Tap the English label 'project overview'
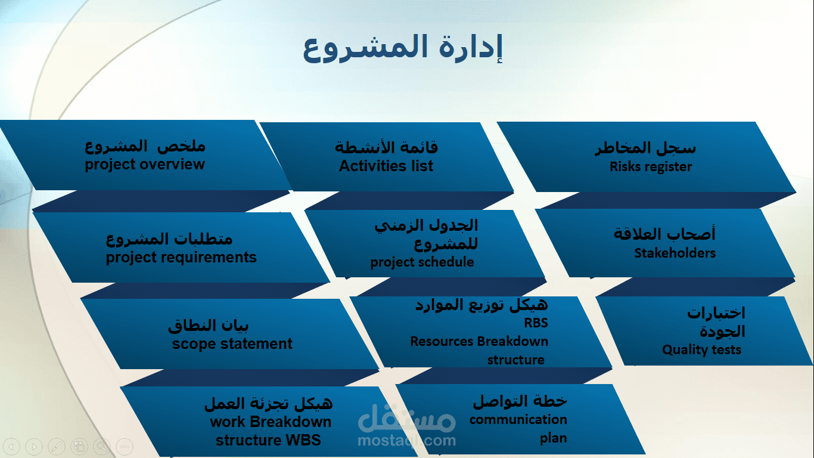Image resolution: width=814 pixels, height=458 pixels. pyautogui.click(x=145, y=165)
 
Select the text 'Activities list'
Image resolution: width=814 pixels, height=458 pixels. pyautogui.click(x=386, y=166)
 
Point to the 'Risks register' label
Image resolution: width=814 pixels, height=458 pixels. pyautogui.click(x=651, y=167)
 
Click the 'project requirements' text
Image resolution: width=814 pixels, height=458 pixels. pyautogui.click(x=181, y=258)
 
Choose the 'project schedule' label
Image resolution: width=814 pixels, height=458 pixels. pyautogui.click(x=422, y=262)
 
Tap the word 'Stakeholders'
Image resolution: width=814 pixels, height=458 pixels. pyautogui.click(x=675, y=253)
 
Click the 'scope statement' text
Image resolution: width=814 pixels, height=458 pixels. pyautogui.click(x=232, y=344)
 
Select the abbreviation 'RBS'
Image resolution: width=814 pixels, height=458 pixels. pyautogui.click(x=536, y=323)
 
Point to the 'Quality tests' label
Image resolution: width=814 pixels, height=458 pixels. pyautogui.click(x=701, y=350)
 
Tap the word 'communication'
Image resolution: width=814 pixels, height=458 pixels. pyautogui.click(x=518, y=419)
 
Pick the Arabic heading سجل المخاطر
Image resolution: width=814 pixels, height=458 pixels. pyautogui.click(x=645, y=148)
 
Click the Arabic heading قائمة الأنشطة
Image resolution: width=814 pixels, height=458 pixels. pyautogui.click(x=386, y=147)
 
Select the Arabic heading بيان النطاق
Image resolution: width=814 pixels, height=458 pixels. pyautogui.click(x=209, y=326)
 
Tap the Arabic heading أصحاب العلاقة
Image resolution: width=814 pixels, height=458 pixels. pyautogui.click(x=664, y=234)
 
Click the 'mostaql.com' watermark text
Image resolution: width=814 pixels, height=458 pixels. pyautogui.click(x=407, y=441)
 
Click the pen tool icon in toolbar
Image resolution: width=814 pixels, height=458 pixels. pyautogui.click(x=56, y=445)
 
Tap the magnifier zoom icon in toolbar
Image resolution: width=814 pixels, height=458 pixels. pyautogui.click(x=102, y=445)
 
